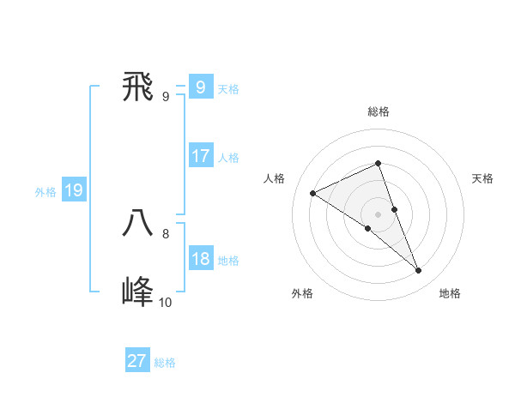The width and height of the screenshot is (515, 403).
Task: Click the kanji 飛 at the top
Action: (x=138, y=87)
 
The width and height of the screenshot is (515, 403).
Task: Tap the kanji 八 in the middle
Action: (x=138, y=224)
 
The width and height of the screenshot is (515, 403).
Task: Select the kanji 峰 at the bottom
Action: (x=138, y=292)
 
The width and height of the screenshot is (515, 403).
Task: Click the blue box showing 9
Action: (x=200, y=87)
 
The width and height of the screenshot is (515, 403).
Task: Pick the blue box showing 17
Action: (x=200, y=156)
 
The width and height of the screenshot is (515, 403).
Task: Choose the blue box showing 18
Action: (x=200, y=259)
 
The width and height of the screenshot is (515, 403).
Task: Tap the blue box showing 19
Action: (x=73, y=190)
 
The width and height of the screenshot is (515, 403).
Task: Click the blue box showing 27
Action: (x=137, y=361)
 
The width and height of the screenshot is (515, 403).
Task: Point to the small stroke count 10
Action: (x=165, y=302)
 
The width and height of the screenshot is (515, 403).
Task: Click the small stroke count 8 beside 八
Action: (x=166, y=233)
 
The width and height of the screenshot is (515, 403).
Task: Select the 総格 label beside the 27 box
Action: (x=165, y=363)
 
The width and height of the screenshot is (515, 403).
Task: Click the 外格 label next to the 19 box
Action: (x=45, y=192)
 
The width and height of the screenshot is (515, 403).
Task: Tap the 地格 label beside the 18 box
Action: (x=228, y=261)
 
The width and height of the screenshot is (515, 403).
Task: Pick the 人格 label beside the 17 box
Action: (x=228, y=158)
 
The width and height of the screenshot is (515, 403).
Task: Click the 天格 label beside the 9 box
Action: (x=228, y=89)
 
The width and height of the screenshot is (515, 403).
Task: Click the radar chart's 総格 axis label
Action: (x=379, y=111)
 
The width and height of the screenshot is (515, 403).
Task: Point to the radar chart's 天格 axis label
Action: (x=482, y=178)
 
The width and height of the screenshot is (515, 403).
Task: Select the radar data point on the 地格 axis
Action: (x=419, y=271)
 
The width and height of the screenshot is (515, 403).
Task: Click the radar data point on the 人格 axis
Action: (x=313, y=193)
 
